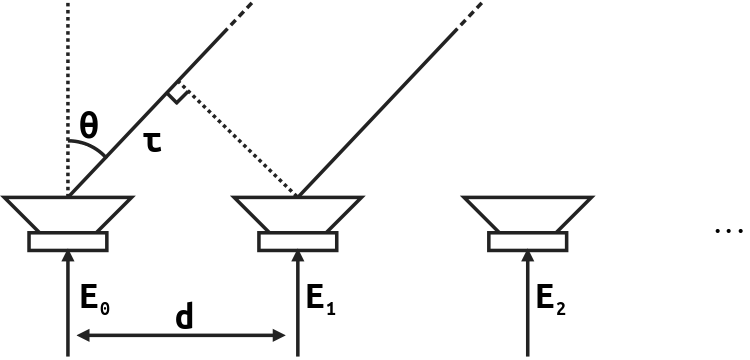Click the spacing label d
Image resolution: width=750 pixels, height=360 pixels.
[x=184, y=317]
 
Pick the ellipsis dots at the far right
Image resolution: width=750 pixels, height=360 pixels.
[x=729, y=232]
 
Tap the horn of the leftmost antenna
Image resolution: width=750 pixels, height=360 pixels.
[x=67, y=213]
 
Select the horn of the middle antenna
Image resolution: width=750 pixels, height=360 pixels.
[x=297, y=213]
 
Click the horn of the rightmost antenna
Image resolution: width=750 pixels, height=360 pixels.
[x=527, y=213]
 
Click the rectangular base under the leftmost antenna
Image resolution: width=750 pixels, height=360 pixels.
[x=67, y=241]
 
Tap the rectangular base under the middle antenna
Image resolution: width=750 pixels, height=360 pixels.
[x=297, y=241]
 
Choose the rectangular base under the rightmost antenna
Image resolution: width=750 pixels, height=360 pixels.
[x=527, y=241]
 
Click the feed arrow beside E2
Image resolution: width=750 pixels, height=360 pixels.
[x=527, y=300]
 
